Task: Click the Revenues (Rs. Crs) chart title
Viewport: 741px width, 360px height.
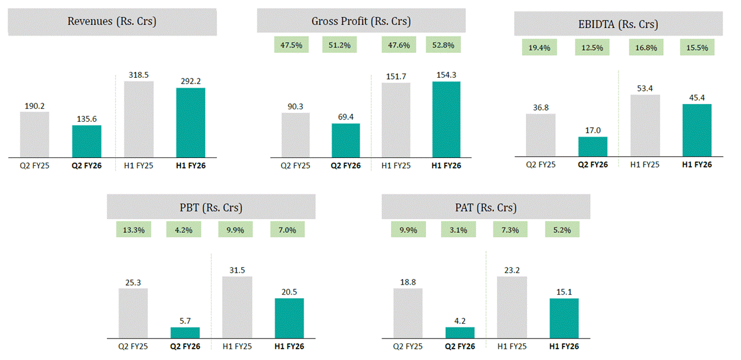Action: [112, 22]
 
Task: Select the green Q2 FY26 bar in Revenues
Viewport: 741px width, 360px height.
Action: [87, 141]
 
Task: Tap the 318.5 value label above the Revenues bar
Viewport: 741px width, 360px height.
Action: [138, 75]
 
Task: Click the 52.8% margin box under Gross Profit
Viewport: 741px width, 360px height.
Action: [443, 45]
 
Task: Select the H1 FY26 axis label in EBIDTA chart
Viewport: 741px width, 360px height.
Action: [696, 165]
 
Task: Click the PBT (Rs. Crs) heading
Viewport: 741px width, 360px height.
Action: [212, 208]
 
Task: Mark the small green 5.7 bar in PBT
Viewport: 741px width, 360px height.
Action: [185, 332]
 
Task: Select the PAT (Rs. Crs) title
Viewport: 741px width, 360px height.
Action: [485, 208]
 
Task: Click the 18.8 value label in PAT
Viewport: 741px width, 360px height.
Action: [408, 282]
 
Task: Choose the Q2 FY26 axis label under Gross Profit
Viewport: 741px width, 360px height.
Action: [345, 165]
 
